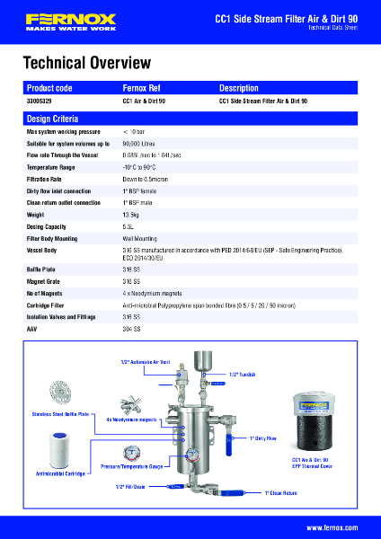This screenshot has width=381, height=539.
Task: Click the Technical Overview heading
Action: click(86, 63)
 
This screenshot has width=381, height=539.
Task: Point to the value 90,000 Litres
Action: click(140, 143)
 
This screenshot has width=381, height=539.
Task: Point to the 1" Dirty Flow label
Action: click(263, 437)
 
